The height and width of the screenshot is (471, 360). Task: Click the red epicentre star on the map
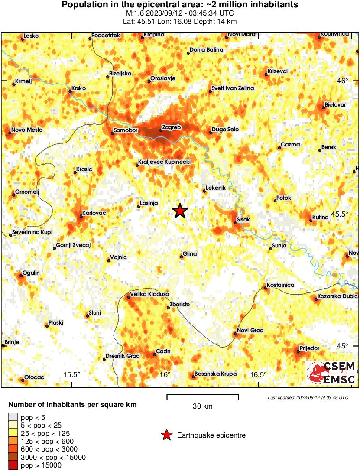point(180,211)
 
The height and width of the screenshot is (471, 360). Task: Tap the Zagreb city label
point(171,127)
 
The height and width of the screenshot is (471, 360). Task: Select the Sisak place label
point(244,220)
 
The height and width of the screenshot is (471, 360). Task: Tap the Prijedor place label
point(310,348)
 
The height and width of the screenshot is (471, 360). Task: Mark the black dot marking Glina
point(181,257)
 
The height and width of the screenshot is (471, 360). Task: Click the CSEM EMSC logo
point(331,373)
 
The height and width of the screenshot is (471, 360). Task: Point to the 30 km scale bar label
point(202,406)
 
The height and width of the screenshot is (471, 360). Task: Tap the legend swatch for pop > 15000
point(13,465)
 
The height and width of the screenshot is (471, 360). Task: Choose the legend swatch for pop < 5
point(13,418)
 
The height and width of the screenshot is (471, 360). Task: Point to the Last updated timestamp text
point(308,397)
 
